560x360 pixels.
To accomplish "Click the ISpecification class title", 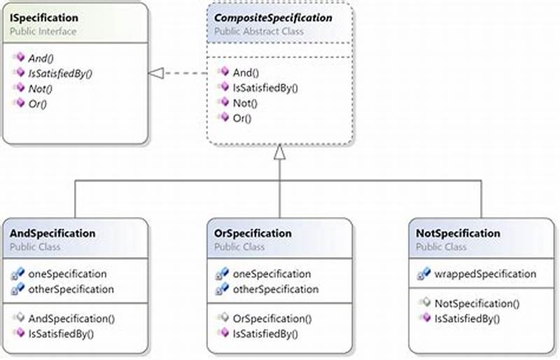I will pyautogui.click(x=43, y=18).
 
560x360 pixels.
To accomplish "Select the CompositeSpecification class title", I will pyautogui.click(x=273, y=18).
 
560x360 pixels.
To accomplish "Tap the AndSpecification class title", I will pyautogui.click(x=52, y=233).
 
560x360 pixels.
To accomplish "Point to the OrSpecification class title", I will pyautogui.click(x=253, y=233).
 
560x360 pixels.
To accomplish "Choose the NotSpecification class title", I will pyautogui.click(x=458, y=233).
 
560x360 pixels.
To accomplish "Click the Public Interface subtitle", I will pyautogui.click(x=43, y=32).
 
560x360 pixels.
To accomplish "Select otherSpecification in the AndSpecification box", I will pyautogui.click(x=70, y=289).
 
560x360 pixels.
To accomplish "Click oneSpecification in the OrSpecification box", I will pyautogui.click(x=271, y=274).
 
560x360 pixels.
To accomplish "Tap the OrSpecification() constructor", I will pyautogui.click(x=272, y=319).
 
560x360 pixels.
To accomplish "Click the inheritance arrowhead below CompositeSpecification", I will pyautogui.click(x=279, y=151).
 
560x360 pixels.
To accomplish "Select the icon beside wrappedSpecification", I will pyautogui.click(x=423, y=274).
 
